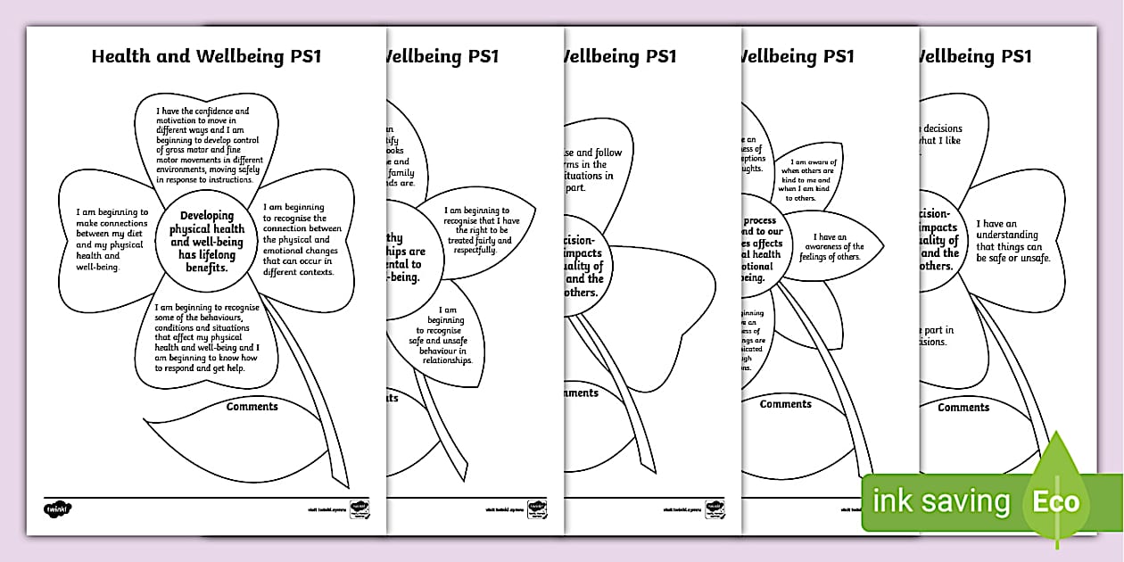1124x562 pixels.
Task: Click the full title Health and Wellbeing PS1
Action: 206,56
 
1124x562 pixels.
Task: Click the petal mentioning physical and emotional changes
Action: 298,239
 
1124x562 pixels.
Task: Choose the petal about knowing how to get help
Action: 206,337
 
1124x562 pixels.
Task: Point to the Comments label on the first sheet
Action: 252,407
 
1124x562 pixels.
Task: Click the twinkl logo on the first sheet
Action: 57,509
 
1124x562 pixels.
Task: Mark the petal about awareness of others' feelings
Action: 834,247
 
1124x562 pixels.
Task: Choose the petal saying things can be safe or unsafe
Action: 1013,241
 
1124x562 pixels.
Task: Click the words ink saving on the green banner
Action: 941,501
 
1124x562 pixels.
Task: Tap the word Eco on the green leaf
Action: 1055,501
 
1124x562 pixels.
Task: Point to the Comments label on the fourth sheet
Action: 786,404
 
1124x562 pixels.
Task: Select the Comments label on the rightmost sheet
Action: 963,408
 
